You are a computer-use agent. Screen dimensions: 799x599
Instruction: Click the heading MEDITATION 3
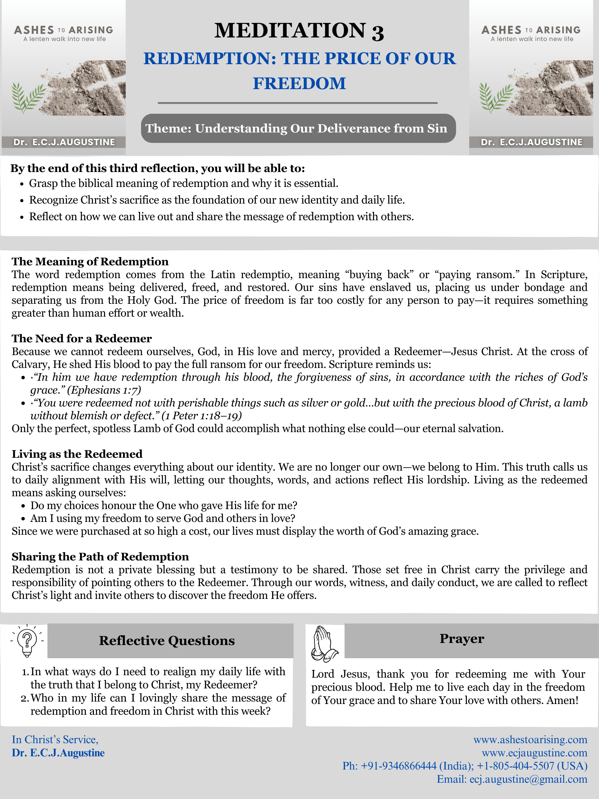tap(299, 31)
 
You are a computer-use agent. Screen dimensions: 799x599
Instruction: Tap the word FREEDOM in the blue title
tap(299, 84)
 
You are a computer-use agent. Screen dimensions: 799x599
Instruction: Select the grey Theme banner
tap(298, 128)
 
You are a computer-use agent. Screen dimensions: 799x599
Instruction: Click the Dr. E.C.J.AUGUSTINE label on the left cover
tap(64, 142)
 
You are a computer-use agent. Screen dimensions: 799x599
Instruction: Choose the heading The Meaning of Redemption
tap(90, 261)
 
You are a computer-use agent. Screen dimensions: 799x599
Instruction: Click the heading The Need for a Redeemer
tap(81, 338)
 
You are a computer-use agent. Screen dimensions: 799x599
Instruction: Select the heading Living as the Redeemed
tap(77, 454)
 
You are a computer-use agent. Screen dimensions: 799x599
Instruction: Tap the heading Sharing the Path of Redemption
tap(100, 557)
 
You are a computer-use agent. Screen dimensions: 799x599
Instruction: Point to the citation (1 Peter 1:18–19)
tap(201, 416)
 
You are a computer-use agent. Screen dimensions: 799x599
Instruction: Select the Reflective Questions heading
tap(167, 641)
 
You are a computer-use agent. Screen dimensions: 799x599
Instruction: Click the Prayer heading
tap(461, 639)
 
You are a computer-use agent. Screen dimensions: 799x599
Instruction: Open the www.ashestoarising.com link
tap(530, 739)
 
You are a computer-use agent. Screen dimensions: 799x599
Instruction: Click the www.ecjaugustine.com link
tap(535, 753)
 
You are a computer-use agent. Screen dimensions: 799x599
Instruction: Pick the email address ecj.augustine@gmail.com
tap(528, 779)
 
